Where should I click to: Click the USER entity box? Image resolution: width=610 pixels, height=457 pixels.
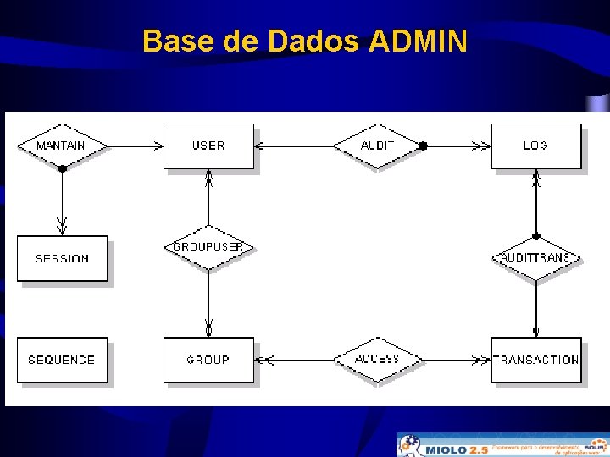tap(208, 146)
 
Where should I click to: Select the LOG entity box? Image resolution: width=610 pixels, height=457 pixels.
tap(535, 146)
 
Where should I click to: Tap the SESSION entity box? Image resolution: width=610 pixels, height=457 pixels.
tap(62, 258)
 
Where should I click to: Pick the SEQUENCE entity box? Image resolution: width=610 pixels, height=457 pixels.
tap(62, 360)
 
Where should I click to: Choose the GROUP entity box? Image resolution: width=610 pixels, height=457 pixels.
tap(208, 360)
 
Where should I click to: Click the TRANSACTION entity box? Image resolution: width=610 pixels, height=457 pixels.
tap(535, 360)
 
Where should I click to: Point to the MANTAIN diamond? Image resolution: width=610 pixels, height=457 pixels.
tap(62, 146)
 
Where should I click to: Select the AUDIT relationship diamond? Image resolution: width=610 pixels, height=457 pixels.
tap(377, 146)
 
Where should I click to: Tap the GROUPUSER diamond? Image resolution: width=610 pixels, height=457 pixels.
tap(208, 247)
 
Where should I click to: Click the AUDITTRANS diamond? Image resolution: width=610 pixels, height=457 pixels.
tap(535, 257)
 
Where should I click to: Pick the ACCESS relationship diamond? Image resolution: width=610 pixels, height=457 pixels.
tap(377, 360)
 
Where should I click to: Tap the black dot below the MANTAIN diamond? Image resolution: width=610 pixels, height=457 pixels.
tap(62, 168)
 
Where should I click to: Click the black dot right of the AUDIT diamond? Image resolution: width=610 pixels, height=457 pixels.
tap(423, 146)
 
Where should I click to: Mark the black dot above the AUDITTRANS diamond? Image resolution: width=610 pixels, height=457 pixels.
tap(535, 236)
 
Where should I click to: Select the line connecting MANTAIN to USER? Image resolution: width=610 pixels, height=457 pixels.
tap(136, 146)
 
